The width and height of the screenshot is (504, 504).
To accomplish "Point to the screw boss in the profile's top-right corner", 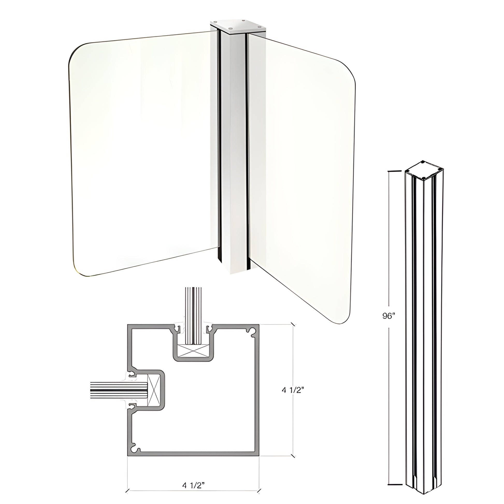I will point(253,331).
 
